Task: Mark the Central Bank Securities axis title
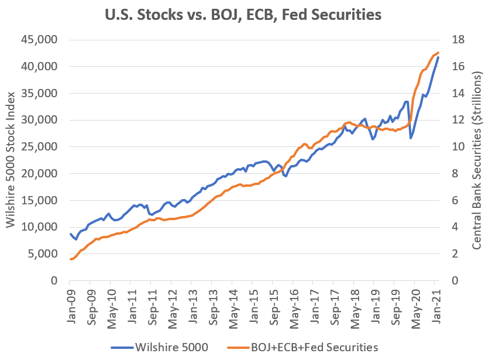point(477,160)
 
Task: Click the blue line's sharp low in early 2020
point(411,138)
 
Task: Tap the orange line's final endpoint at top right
point(438,53)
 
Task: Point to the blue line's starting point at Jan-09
point(71,234)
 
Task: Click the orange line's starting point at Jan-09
point(71,259)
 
